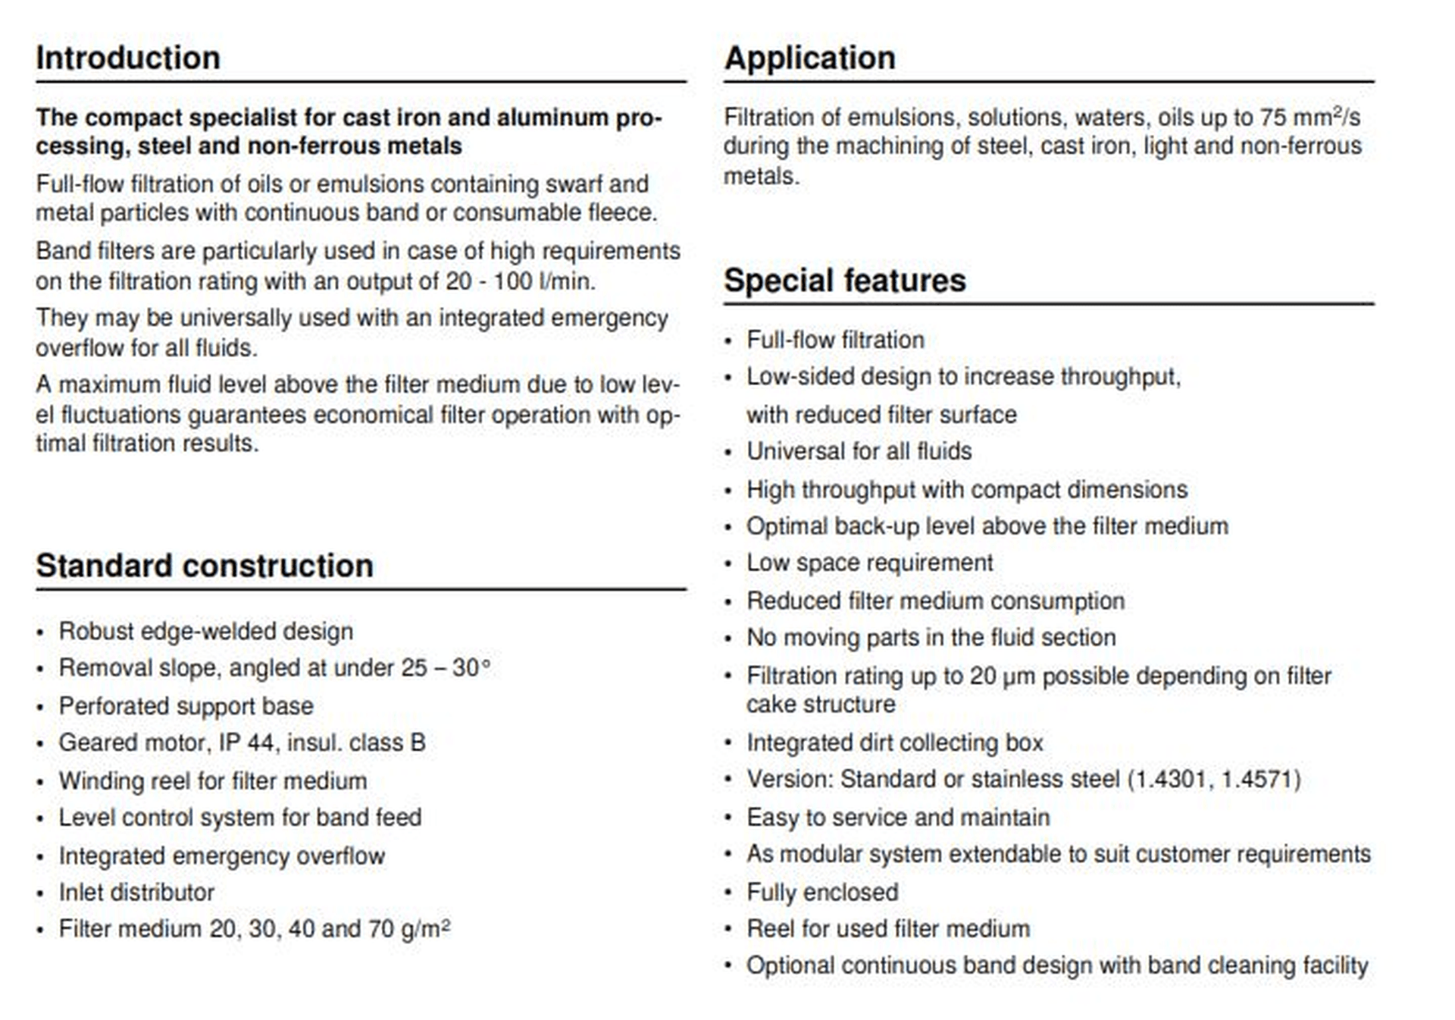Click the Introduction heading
click(128, 58)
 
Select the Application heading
click(809, 58)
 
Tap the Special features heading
click(844, 281)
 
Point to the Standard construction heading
click(205, 566)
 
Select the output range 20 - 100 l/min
click(520, 281)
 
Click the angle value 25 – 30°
click(446, 668)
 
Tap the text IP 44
click(246, 742)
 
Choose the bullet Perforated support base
click(186, 706)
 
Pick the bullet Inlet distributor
click(136, 893)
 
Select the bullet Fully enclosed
click(822, 893)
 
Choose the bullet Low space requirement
click(869, 563)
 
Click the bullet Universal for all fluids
click(859, 451)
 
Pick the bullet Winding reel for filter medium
click(213, 781)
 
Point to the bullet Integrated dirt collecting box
click(895, 742)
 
